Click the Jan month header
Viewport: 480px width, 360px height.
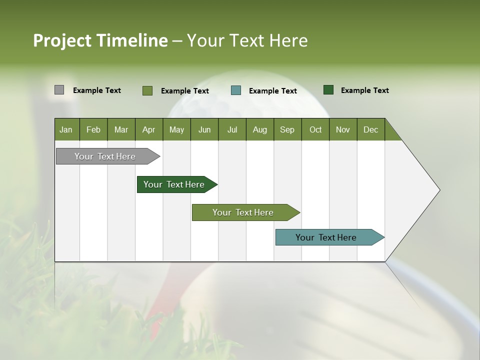pyautogui.click(x=66, y=129)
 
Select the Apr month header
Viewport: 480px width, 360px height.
pyautogui.click(x=148, y=129)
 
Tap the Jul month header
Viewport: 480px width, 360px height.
pyautogui.click(x=232, y=129)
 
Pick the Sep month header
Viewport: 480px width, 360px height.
pyautogui.click(x=287, y=129)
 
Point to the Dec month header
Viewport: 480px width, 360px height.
pyautogui.click(x=370, y=129)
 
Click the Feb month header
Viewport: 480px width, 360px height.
pyautogui.click(x=93, y=129)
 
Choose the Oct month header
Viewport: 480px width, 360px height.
pyautogui.click(x=315, y=129)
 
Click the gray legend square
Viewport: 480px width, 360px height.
pyautogui.click(x=59, y=90)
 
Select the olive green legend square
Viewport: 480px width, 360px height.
pyautogui.click(x=147, y=90)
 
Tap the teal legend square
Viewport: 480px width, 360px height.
pyautogui.click(x=236, y=90)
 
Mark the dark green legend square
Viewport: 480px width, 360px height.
pyautogui.click(x=328, y=90)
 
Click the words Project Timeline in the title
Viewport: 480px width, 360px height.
pyautogui.click(x=100, y=40)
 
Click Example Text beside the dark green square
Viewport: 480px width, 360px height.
pyautogui.click(x=364, y=90)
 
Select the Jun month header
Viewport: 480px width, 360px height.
pyautogui.click(x=204, y=129)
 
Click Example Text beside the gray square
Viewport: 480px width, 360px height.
pyautogui.click(x=96, y=90)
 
